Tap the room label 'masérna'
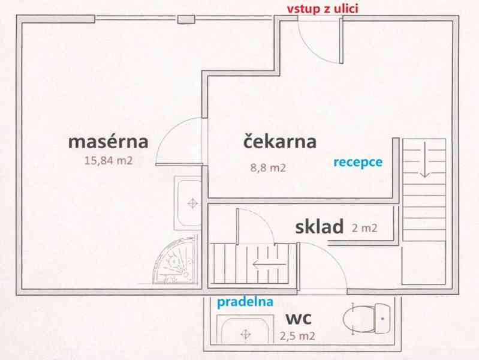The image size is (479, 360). coord(108,142)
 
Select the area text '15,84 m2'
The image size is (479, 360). coord(108,160)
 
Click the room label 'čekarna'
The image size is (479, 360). coord(279,142)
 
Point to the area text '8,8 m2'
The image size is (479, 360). coord(267,168)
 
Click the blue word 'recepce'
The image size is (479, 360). coord(357,161)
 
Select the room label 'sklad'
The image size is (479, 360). coord(319,226)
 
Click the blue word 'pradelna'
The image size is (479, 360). coord(245,302)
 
